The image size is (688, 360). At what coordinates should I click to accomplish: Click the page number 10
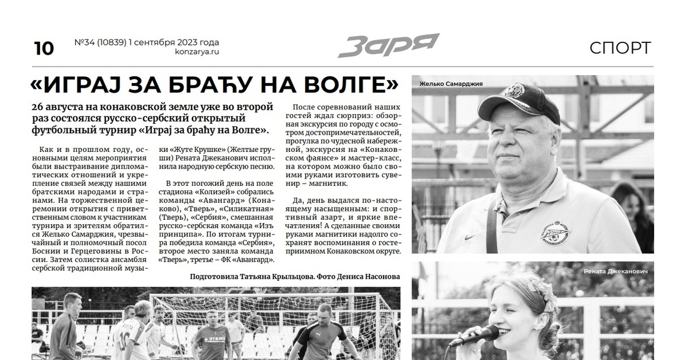(44, 49)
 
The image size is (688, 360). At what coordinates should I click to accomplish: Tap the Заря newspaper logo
(388, 45)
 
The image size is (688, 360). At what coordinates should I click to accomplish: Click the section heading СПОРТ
(620, 48)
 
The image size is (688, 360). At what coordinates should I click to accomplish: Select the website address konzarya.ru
(197, 52)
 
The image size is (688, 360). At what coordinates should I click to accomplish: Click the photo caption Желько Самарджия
(451, 84)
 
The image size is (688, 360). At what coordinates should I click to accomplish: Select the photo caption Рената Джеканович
(616, 271)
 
